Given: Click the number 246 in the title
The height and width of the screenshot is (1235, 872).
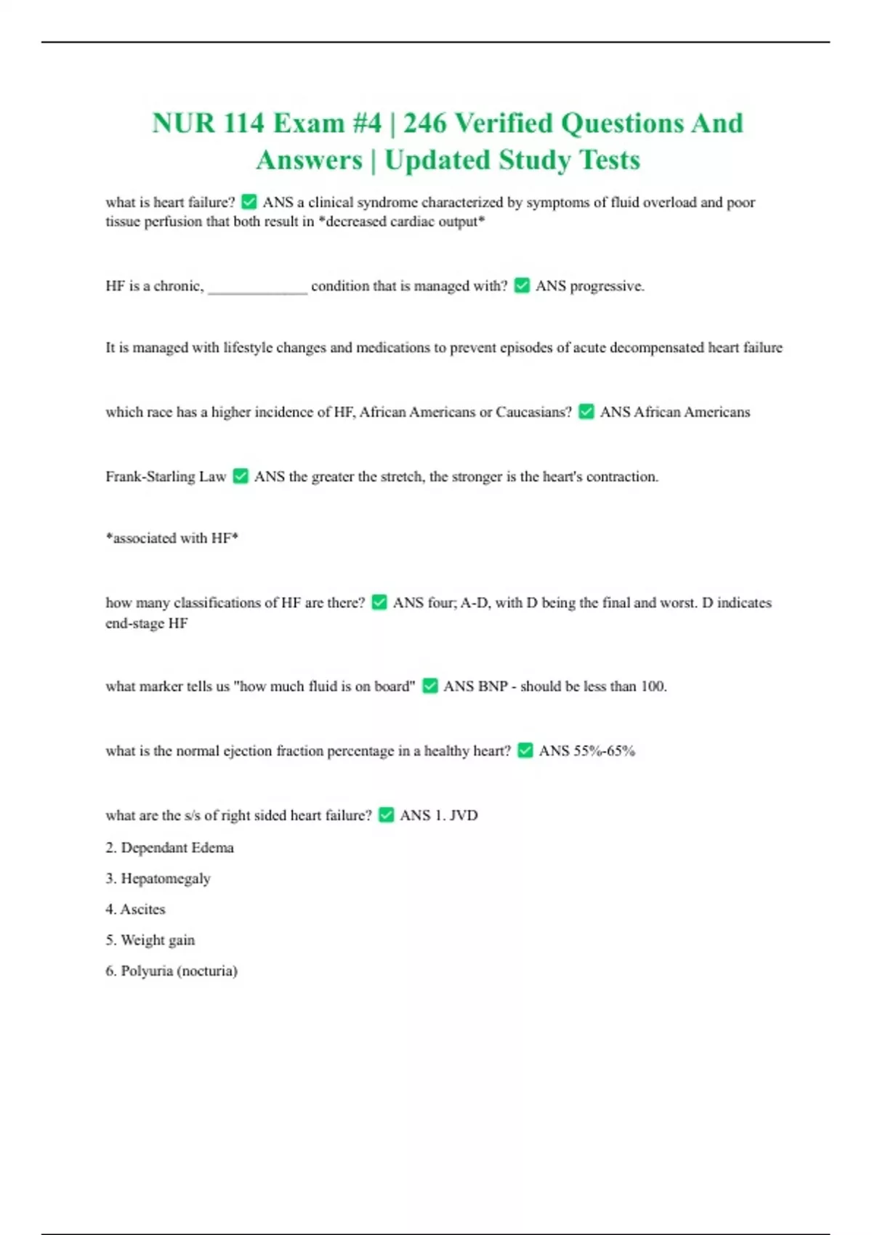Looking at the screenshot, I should tap(425, 123).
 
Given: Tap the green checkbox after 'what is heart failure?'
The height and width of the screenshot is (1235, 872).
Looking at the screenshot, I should tap(249, 202).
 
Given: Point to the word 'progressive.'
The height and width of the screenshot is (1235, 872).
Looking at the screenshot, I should tap(607, 286).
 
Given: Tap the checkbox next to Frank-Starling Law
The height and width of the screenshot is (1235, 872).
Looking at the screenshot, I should tap(241, 477).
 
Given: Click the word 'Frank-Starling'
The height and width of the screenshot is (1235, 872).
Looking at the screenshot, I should tap(150, 477).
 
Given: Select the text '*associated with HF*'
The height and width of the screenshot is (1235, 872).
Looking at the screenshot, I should tap(171, 538).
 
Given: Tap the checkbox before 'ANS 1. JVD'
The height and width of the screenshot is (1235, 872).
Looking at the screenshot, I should tap(387, 815).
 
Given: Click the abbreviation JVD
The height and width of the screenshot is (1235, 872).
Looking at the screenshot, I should tap(464, 815).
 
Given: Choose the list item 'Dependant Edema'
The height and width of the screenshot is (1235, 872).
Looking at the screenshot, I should tap(177, 848).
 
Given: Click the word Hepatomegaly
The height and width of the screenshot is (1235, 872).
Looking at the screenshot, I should tap(166, 879).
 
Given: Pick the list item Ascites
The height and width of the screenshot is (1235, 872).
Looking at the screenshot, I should tap(142, 910).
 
